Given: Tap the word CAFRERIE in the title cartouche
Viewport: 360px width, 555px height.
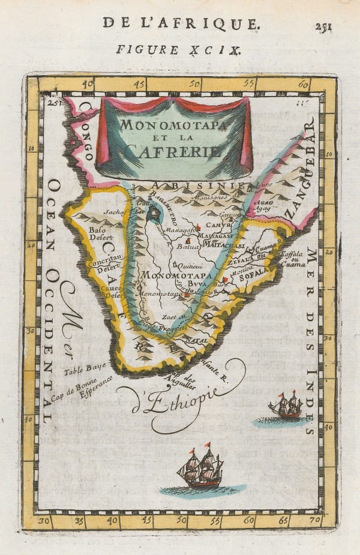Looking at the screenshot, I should click(x=174, y=152).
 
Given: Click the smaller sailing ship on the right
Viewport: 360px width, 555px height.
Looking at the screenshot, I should click(x=286, y=406).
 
